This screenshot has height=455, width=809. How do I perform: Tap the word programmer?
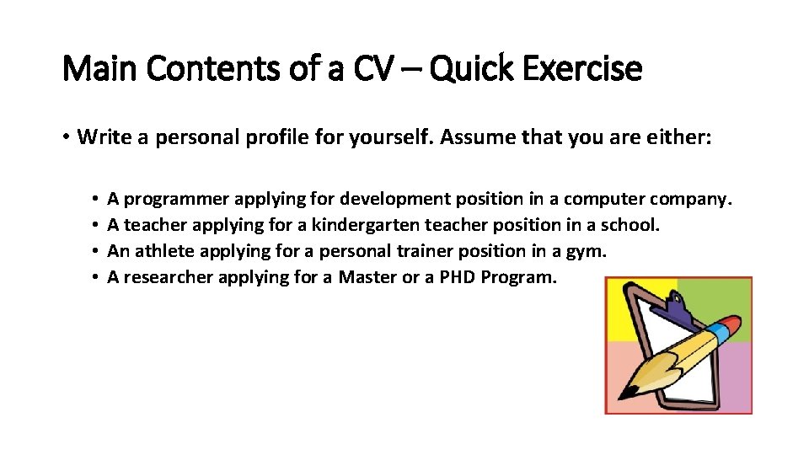coord(176,200)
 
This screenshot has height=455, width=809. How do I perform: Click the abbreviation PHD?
coord(457,277)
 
